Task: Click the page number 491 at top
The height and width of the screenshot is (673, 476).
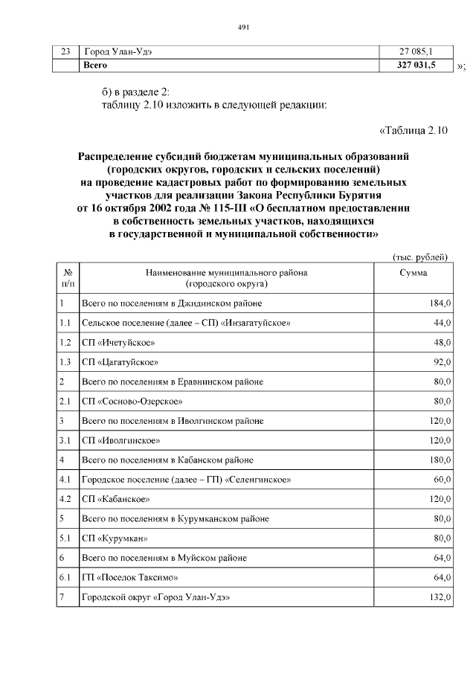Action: pos(242,28)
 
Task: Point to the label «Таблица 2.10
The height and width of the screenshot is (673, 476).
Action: pos(413,131)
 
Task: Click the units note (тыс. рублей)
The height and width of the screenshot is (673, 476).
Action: pos(419,257)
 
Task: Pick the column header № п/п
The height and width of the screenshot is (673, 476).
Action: pos(68,278)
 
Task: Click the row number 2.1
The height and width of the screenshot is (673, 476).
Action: pos(65,402)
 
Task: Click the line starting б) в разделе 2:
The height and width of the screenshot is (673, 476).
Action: pos(136,91)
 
